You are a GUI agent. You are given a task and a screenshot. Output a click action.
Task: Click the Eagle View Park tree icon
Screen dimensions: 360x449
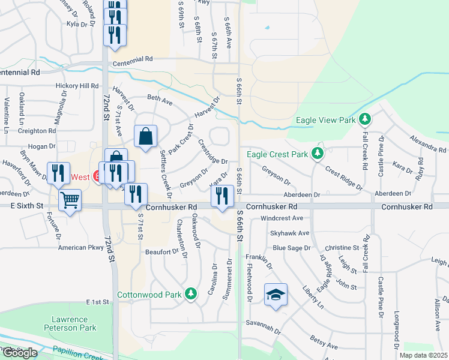click(364, 119)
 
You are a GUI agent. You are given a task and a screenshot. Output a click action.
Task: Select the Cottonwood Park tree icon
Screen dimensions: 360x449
click(190, 294)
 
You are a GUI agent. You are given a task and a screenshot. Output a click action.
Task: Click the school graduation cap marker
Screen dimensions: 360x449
click(276, 295)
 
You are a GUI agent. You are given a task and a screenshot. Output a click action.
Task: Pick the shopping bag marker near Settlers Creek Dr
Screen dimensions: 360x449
click(146, 136)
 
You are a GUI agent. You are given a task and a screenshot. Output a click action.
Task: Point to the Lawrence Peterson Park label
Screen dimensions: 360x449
click(70, 325)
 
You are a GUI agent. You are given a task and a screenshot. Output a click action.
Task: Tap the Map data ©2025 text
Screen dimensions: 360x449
click(423, 355)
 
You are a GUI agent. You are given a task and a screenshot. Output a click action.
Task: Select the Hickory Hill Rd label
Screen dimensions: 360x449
click(76, 86)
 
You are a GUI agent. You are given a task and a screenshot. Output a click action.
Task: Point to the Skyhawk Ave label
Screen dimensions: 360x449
click(289, 233)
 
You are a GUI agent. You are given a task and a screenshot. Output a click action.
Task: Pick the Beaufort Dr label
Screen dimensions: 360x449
click(160, 252)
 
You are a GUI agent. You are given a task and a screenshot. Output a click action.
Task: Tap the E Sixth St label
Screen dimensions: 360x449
click(22, 205)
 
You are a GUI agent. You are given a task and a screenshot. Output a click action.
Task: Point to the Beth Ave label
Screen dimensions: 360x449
click(160, 100)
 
